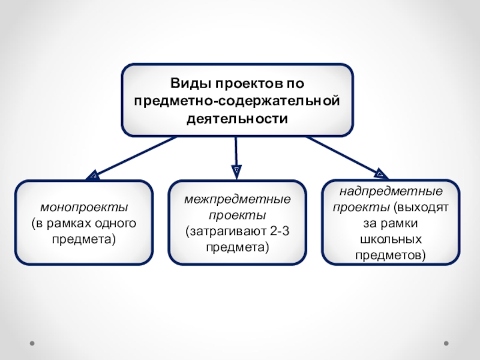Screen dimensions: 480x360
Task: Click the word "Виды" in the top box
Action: [188, 82]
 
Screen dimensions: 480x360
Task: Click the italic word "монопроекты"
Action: [84, 208]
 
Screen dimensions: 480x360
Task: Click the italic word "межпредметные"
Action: [237, 199]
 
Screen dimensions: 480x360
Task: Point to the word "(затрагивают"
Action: [224, 230]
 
